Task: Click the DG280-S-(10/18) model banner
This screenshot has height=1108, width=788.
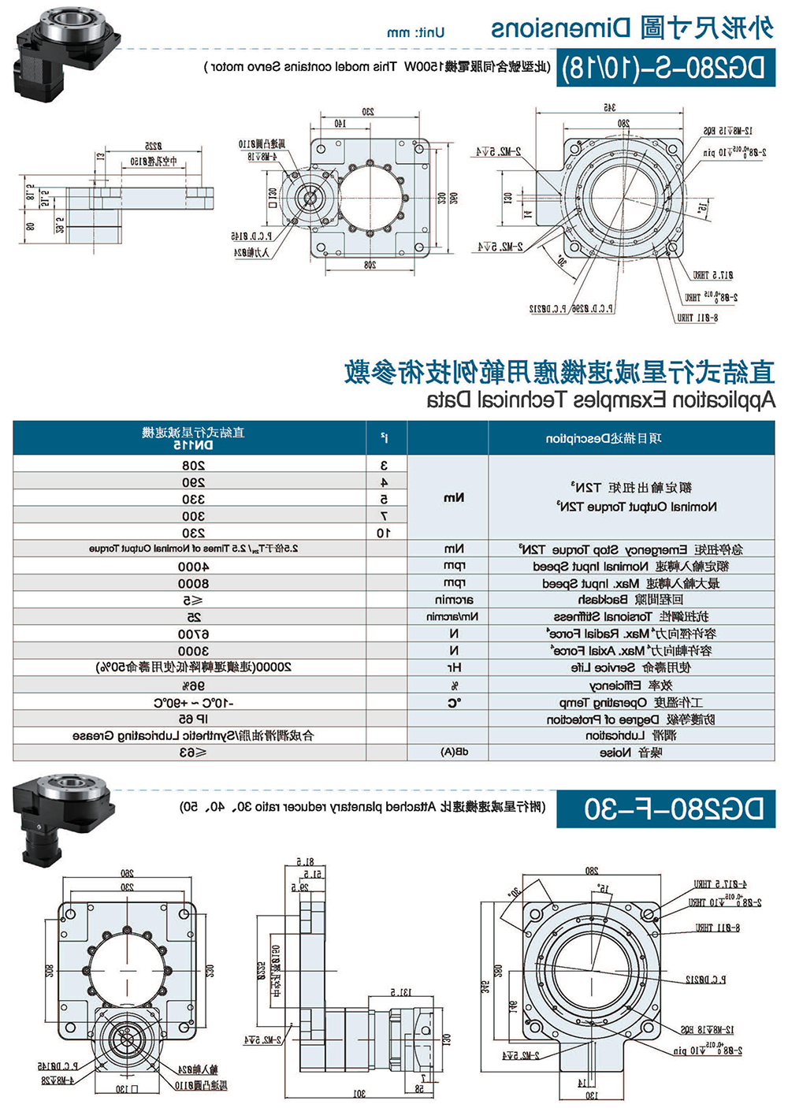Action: tap(666, 69)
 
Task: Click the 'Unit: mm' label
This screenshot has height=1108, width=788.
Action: tap(415, 33)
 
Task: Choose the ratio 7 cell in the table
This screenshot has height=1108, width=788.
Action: tap(385, 516)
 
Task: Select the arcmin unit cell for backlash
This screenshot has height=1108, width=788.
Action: tap(454, 600)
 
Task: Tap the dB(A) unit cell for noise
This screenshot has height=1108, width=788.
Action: tap(454, 753)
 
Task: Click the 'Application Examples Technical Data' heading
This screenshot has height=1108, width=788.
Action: tap(600, 400)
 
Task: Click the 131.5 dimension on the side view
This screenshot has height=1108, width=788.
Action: tap(401, 992)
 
